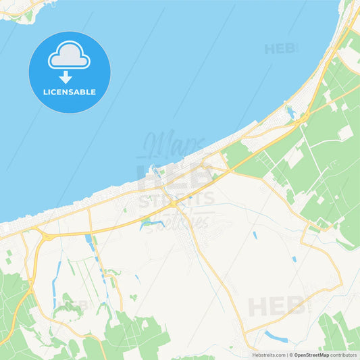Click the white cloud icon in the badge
click(x=69, y=55)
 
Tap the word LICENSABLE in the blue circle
click(x=69, y=92)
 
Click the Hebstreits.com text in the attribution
click(x=268, y=355)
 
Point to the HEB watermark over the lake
click(x=281, y=49)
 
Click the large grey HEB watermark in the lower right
click(x=277, y=306)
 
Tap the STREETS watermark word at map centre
click(x=176, y=200)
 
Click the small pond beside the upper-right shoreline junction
click(x=290, y=111)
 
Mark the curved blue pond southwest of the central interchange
click(x=151, y=224)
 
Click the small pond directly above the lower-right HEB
click(x=294, y=259)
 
